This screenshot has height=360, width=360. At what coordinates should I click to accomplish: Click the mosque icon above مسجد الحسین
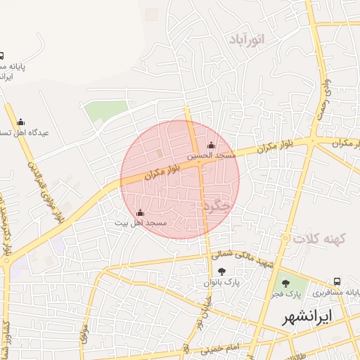[x=211, y=145]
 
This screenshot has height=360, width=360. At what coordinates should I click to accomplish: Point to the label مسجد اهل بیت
[x=141, y=222]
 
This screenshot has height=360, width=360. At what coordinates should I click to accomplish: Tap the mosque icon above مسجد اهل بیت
[x=140, y=212]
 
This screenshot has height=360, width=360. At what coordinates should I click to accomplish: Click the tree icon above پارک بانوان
[x=222, y=272]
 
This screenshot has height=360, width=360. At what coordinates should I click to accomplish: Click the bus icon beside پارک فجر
[x=338, y=282]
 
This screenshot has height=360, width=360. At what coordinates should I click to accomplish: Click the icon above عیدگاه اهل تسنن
[x=20, y=122]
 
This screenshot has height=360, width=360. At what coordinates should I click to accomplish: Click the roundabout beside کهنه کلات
[x=284, y=240]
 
